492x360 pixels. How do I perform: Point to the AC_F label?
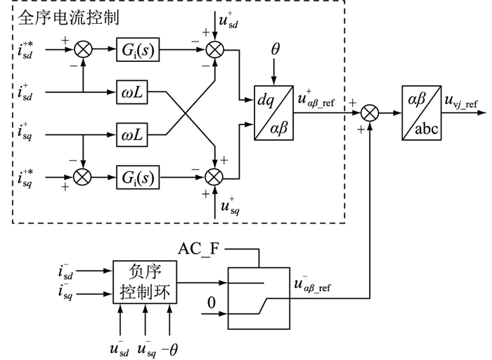click(x=202, y=250)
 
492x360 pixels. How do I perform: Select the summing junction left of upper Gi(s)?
click(x=83, y=49)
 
